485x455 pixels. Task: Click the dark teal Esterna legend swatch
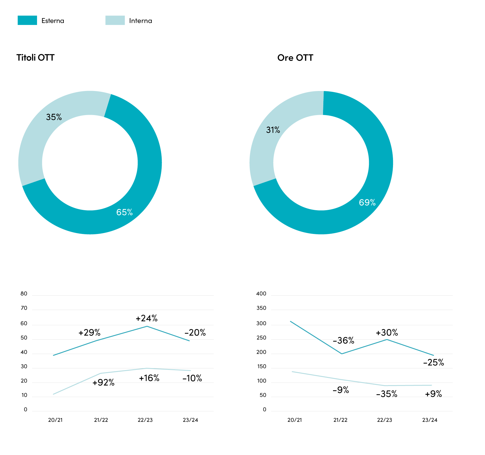coord(27,20)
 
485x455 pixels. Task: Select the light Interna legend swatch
coord(115,20)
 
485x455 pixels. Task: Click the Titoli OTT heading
coord(36,58)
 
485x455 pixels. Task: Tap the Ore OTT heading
coord(295,58)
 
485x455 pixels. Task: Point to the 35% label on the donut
coord(54,117)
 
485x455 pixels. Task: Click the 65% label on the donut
coord(124,212)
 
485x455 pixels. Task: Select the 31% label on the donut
coord(273,130)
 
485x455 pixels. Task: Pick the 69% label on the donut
coord(367,202)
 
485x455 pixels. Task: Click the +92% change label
coord(103,382)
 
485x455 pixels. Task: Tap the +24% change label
coord(147,318)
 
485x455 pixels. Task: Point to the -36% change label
coord(343,341)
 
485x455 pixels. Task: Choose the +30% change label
coord(387,333)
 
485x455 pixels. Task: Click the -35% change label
coord(387,394)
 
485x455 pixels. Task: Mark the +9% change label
coord(434,394)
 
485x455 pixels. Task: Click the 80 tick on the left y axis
coord(24,294)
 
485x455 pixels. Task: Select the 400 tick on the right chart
coord(261,294)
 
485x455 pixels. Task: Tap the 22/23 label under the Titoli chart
coord(145,420)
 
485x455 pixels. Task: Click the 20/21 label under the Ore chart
coord(295,420)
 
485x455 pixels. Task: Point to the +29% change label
coord(89,333)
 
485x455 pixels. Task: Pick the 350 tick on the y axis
coord(261,308)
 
